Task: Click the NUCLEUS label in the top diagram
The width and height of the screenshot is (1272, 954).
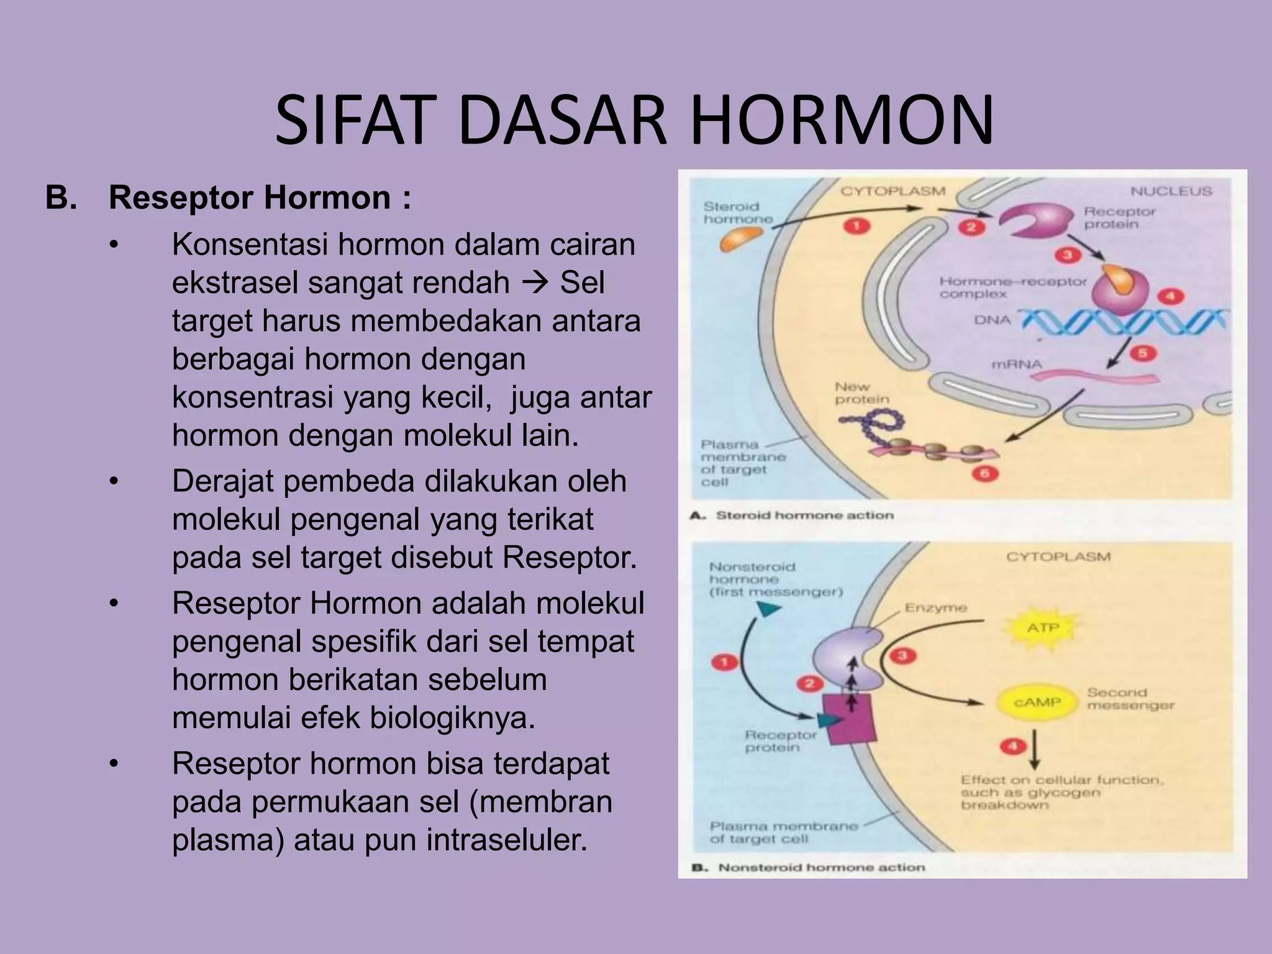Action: coord(1171,191)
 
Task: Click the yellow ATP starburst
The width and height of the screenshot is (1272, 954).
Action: coord(1043,627)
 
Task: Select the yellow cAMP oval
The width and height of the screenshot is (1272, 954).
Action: coord(1038,702)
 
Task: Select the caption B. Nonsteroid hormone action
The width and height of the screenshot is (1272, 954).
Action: coord(809,867)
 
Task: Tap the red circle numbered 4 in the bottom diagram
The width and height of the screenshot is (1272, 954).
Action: coord(1012,745)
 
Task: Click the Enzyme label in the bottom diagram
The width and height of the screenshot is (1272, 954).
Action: coord(935,607)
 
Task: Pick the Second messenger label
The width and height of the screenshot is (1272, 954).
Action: coord(1130,699)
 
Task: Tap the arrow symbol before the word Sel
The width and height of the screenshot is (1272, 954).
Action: coord(534,283)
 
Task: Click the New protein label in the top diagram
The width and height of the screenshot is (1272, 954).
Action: coord(861,393)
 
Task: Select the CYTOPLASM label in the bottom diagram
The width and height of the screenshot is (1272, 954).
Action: coord(1058,556)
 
